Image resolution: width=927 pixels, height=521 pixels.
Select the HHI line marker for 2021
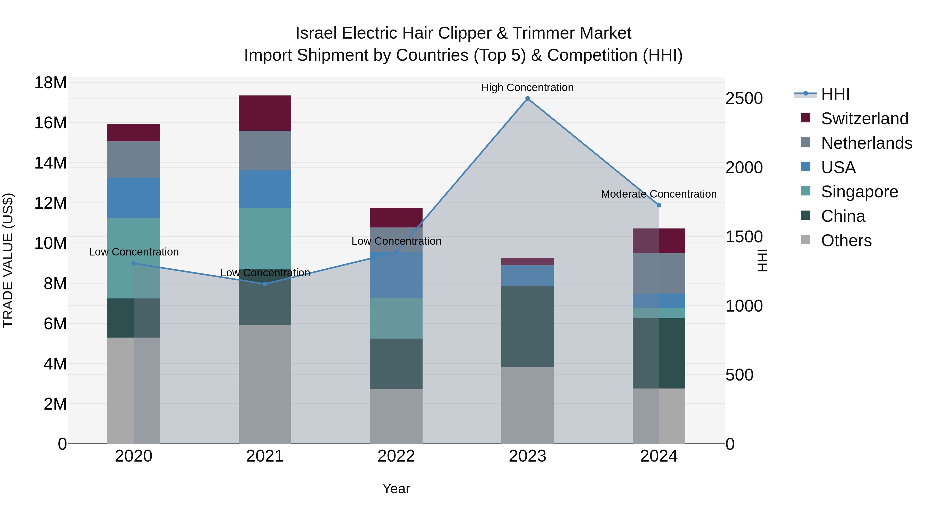265,284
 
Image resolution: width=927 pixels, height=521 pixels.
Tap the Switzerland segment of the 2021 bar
265,113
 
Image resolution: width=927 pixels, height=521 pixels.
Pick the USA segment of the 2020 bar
133,198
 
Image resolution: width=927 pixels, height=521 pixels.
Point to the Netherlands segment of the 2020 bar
133,159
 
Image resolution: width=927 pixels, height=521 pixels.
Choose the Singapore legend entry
859,192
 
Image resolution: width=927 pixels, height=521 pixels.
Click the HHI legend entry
835,94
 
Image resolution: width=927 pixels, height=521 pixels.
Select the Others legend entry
846,241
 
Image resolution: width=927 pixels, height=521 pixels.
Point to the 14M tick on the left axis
50,163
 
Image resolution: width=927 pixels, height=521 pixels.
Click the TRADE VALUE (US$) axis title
8,260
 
